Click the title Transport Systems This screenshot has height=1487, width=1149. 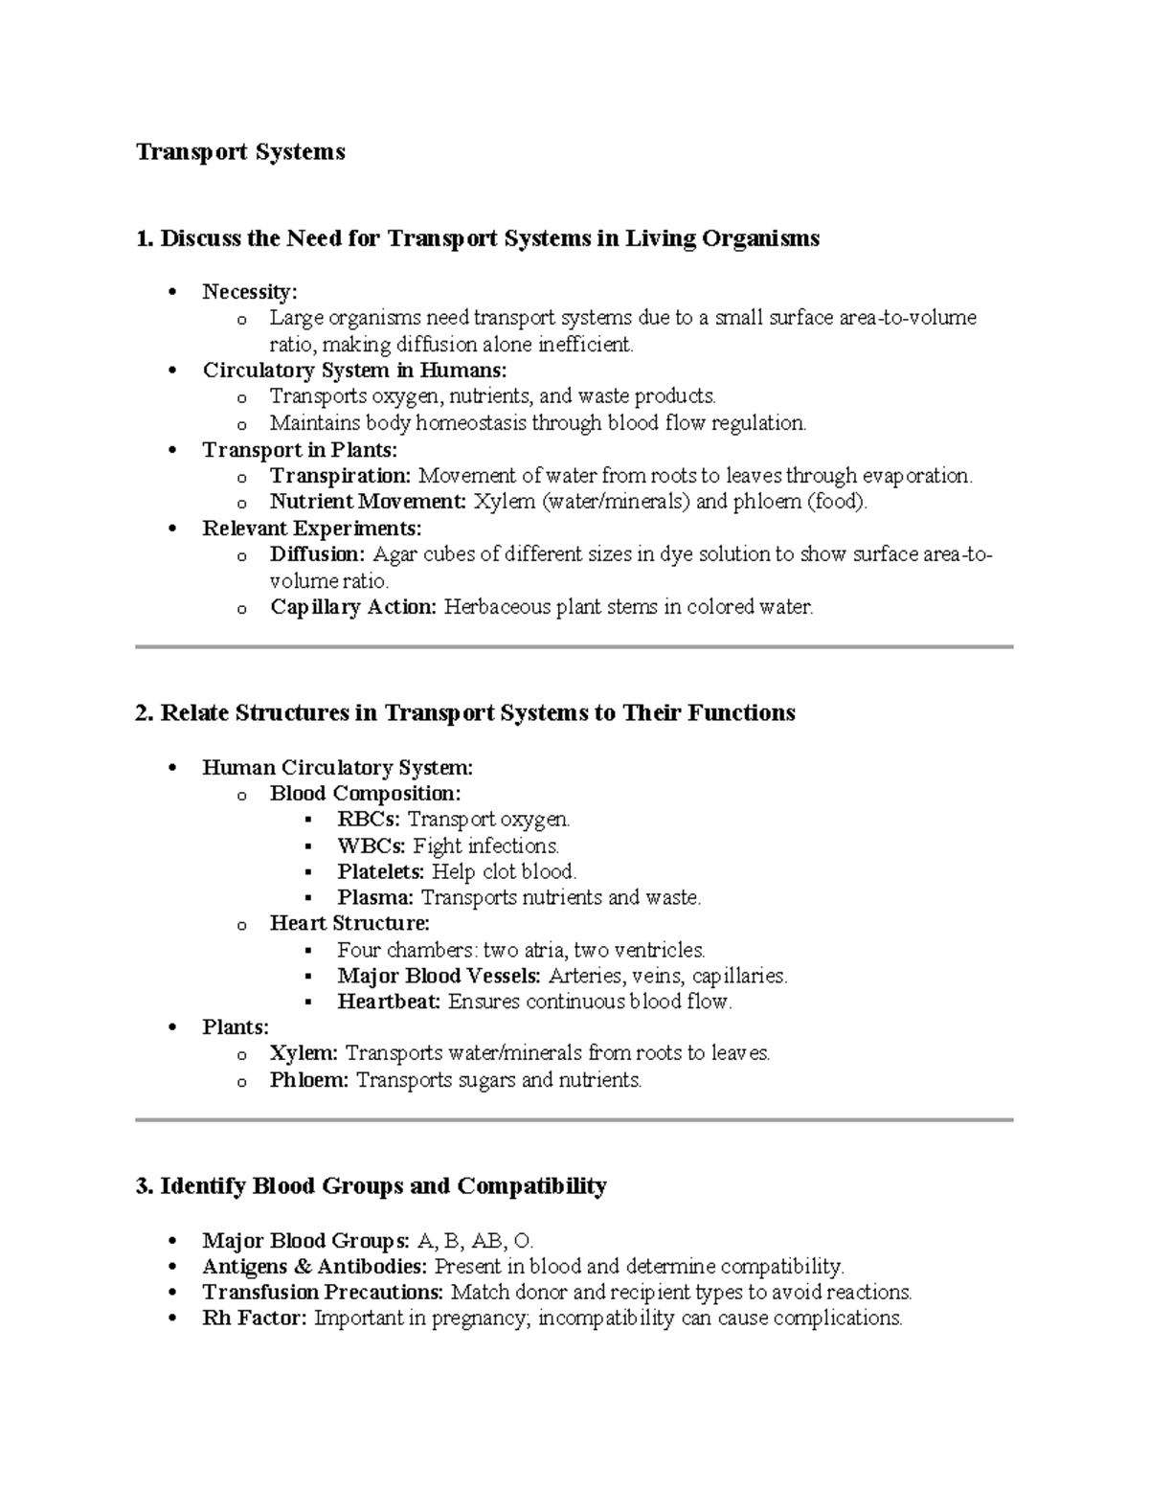pyautogui.click(x=240, y=152)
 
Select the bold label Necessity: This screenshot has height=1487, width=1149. pyautogui.click(x=250, y=291)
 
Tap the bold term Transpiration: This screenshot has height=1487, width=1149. pyautogui.click(x=340, y=476)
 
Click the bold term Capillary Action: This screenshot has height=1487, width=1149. pyautogui.click(x=352, y=607)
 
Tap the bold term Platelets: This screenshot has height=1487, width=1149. pyautogui.click(x=380, y=872)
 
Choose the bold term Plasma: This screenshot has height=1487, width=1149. pyautogui.click(x=375, y=898)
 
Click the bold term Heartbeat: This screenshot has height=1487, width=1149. pyautogui.click(x=389, y=1003)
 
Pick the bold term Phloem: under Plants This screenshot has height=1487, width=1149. pyautogui.click(x=309, y=1080)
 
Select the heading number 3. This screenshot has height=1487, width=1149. pyautogui.click(x=144, y=1186)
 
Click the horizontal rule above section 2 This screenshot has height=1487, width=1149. pyautogui.click(x=574, y=647)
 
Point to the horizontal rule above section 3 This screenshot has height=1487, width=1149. pyautogui.click(x=574, y=1119)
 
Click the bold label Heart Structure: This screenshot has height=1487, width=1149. pyautogui.click(x=349, y=924)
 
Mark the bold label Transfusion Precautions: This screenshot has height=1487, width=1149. pyautogui.click(x=323, y=1293)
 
